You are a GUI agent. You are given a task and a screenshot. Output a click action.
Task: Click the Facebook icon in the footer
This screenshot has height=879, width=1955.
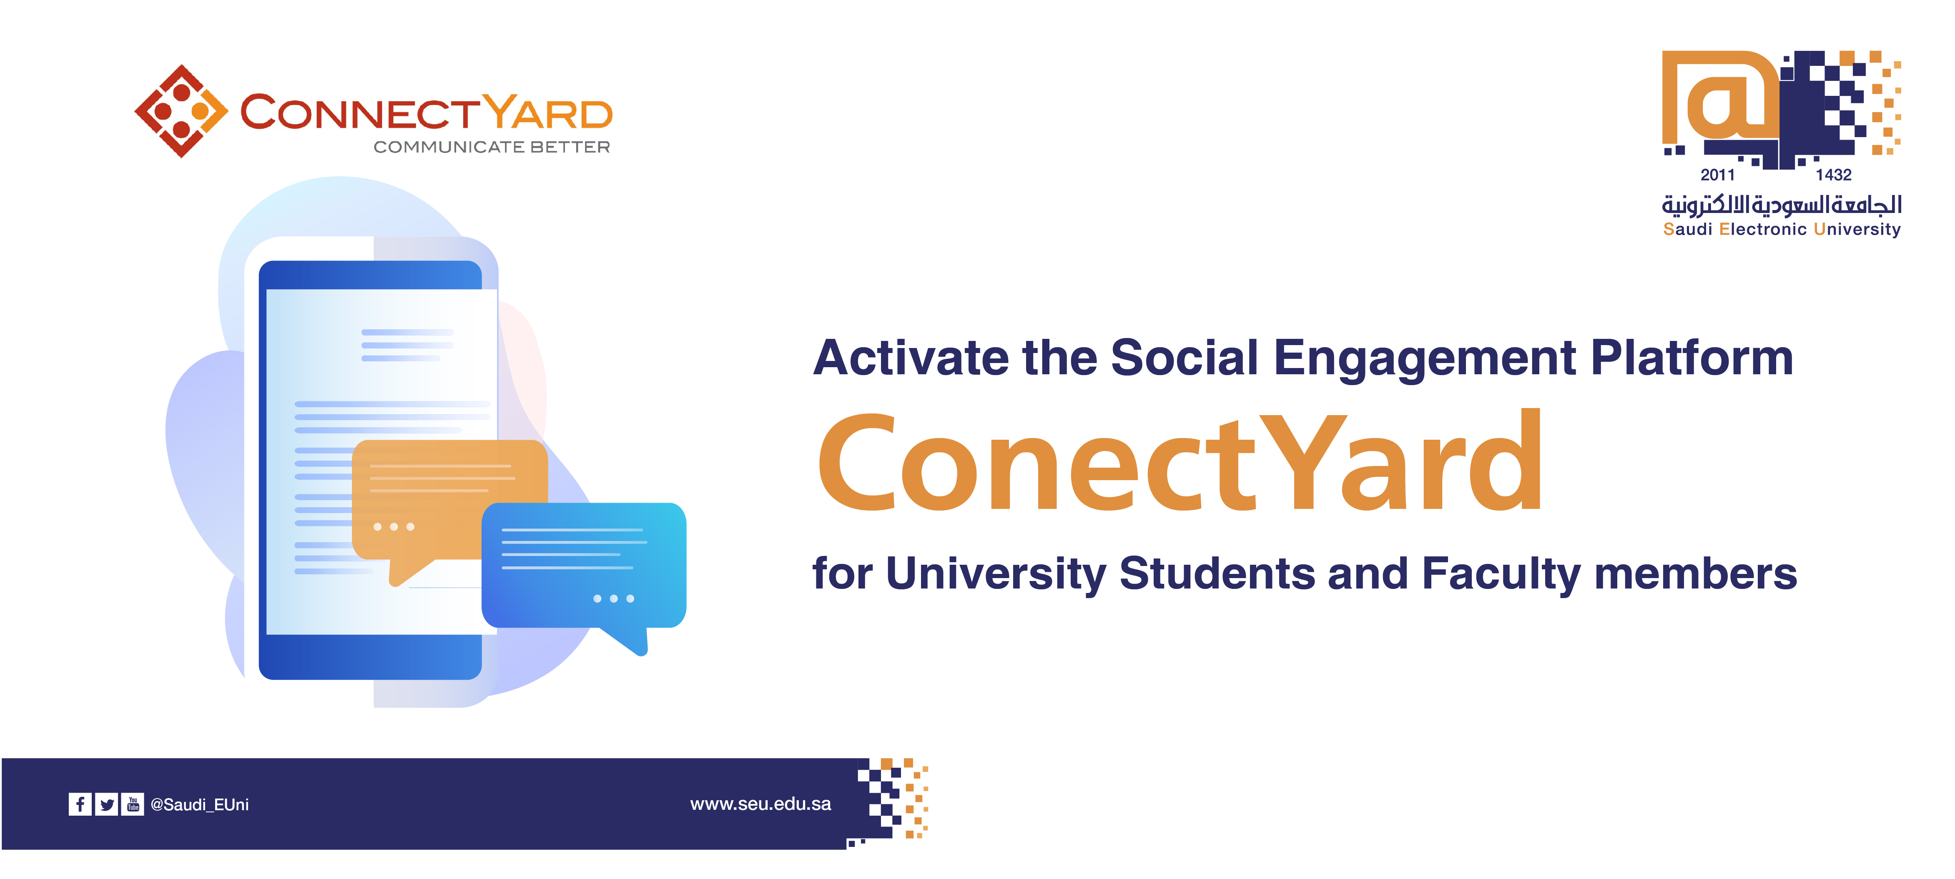[x=80, y=804]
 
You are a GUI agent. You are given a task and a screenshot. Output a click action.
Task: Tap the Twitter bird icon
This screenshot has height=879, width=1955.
[x=107, y=804]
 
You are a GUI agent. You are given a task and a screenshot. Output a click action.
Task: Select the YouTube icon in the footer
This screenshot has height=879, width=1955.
[x=133, y=804]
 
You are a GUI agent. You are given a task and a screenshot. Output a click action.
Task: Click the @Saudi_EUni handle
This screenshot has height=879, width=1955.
[x=200, y=805]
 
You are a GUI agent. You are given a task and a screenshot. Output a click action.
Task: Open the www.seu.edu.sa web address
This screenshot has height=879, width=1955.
[x=760, y=804]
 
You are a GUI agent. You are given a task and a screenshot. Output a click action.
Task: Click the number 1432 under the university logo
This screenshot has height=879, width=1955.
[x=1834, y=175]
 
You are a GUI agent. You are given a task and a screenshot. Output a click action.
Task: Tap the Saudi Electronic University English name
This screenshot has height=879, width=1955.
[x=1782, y=229]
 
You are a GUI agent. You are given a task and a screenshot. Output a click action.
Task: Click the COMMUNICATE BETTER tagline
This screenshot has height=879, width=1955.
[x=492, y=147]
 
